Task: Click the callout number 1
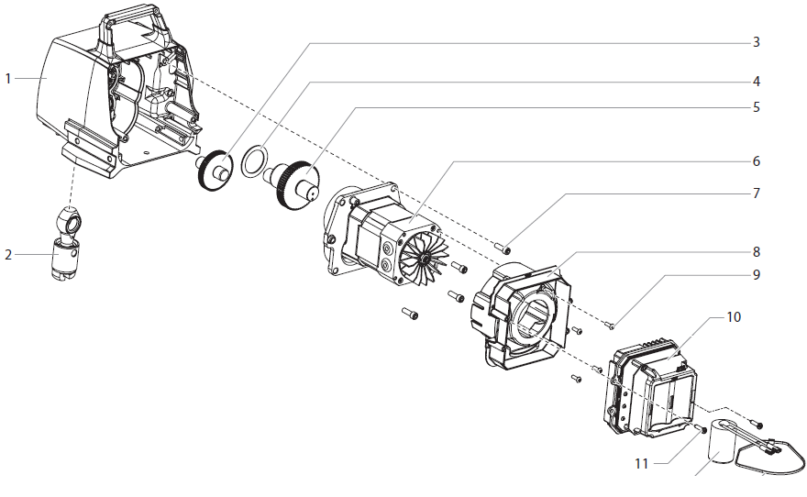coord(8,79)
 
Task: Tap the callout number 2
coord(8,254)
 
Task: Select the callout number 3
coord(756,42)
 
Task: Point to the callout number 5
coord(756,106)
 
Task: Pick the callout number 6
coord(756,160)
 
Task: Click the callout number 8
coord(756,250)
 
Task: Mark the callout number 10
coord(733,317)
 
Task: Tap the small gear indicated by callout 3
coord(216,170)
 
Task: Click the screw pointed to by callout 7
coord(506,248)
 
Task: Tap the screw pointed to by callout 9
coord(609,326)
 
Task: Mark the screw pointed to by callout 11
coord(702,428)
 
